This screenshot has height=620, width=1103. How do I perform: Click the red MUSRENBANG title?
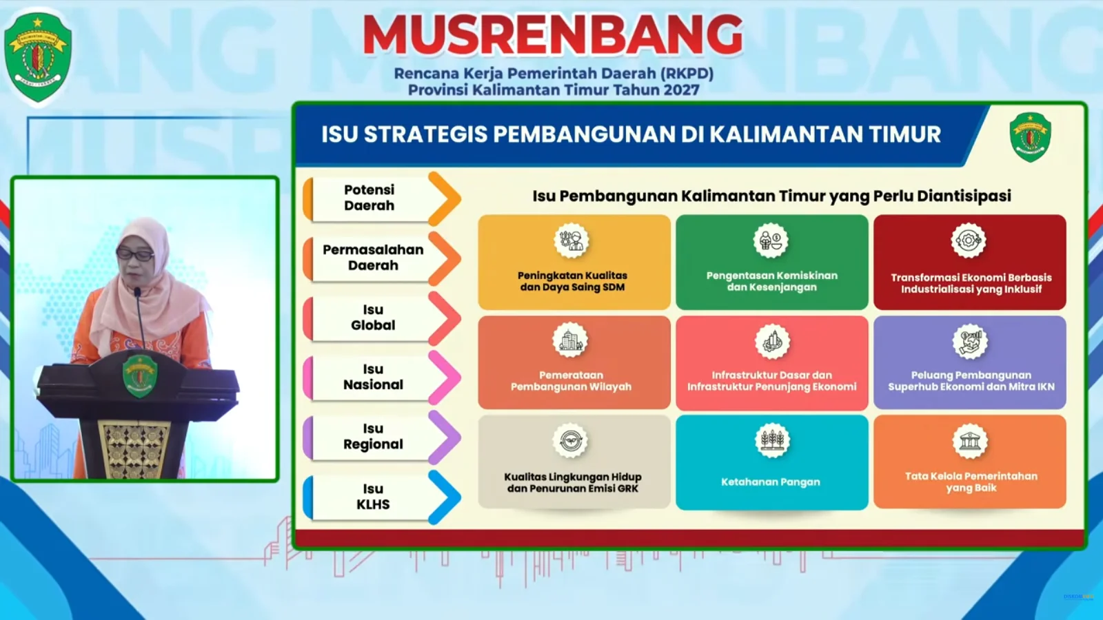553,34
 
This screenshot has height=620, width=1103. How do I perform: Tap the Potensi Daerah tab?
370,198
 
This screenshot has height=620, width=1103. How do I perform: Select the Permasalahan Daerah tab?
373,258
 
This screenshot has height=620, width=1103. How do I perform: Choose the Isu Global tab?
373,318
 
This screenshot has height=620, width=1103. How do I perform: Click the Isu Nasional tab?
373,377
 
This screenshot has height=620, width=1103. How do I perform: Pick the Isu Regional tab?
373,437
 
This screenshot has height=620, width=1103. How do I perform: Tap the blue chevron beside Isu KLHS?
445,497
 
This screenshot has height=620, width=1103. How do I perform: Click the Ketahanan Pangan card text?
771,482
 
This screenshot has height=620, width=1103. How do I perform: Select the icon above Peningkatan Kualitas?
571,241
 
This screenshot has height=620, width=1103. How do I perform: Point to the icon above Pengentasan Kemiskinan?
771,241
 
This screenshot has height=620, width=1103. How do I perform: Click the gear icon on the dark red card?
969,241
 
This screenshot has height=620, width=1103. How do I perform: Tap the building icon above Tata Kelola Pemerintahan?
970,442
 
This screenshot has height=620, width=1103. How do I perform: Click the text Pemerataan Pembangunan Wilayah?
571,381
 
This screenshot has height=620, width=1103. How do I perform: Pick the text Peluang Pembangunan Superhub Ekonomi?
971,381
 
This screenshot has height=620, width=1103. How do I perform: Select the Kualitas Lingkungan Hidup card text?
573,483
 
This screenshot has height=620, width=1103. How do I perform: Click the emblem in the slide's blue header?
1030,137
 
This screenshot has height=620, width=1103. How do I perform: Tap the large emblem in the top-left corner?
38,58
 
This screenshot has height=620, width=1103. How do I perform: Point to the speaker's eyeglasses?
135,255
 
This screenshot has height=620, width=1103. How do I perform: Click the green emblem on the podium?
141,376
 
